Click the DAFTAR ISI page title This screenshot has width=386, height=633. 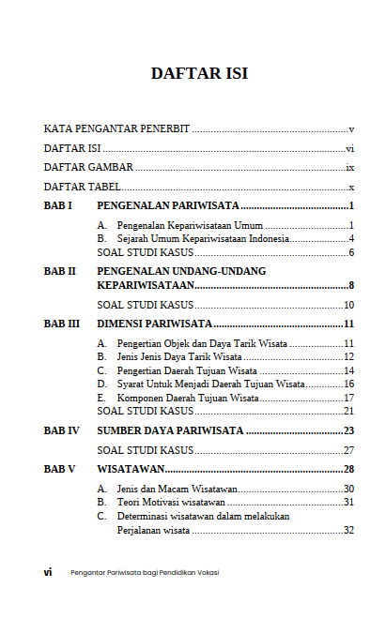(199, 74)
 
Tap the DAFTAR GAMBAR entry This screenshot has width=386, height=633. (88, 168)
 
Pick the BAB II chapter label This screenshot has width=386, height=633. (60, 271)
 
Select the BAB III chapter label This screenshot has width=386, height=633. (61, 324)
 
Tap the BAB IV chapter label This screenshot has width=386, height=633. (61, 430)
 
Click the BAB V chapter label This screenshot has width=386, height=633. (59, 468)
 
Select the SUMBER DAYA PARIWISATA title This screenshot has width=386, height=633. (171, 430)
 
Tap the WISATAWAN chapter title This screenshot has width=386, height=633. (131, 468)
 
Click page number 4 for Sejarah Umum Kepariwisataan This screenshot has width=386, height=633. (349, 239)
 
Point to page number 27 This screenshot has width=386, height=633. (347, 450)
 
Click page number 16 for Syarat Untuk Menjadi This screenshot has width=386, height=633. (347, 384)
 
